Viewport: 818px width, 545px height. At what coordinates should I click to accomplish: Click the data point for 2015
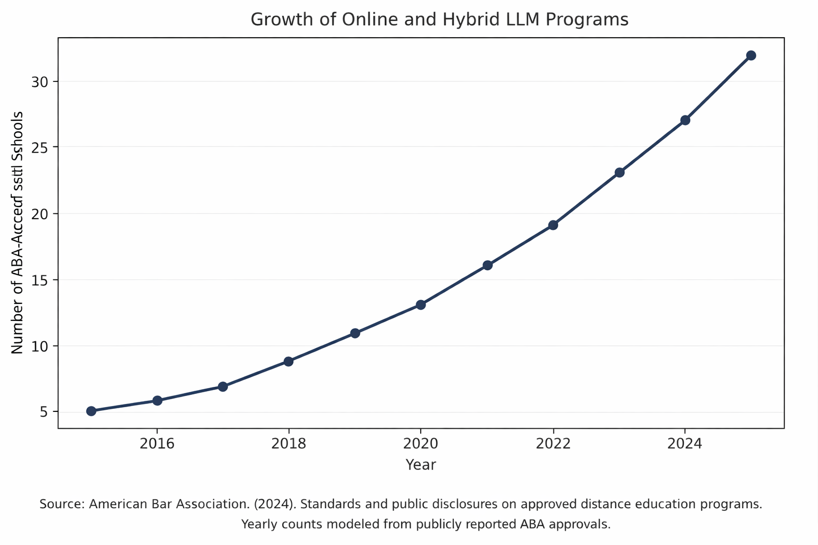(91, 411)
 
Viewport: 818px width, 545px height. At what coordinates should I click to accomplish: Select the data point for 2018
(288, 361)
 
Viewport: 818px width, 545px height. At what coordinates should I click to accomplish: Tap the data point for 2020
(421, 305)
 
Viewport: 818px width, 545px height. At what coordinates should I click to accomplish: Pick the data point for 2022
(553, 225)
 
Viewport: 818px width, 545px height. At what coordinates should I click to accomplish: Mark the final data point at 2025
(751, 55)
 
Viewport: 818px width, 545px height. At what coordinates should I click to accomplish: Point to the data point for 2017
(223, 386)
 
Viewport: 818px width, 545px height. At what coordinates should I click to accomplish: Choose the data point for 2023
(619, 172)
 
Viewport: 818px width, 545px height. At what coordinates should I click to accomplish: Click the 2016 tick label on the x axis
(157, 443)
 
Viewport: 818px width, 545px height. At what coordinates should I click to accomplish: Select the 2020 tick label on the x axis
(421, 443)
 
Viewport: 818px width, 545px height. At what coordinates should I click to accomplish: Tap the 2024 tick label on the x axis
(685, 443)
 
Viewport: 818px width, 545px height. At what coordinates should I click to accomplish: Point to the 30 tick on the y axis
(40, 82)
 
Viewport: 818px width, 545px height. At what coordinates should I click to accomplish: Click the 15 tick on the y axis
(40, 280)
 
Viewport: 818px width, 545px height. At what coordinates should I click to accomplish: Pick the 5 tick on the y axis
(44, 412)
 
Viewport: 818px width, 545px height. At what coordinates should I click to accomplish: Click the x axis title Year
(421, 465)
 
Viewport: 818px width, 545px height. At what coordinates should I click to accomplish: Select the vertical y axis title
(18, 233)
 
